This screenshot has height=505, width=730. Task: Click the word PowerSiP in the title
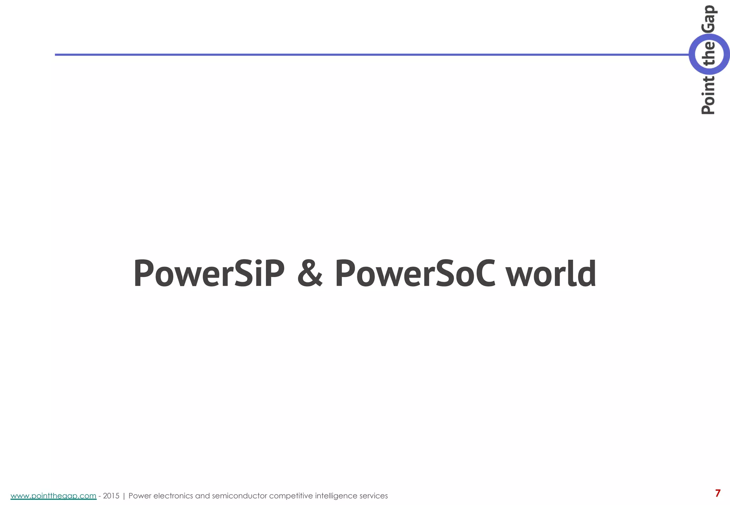click(209, 274)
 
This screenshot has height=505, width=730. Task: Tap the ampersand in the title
click(310, 274)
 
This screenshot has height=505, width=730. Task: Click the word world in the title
click(551, 274)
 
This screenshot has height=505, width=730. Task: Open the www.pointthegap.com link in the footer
click(53, 496)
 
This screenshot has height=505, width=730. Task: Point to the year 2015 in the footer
click(111, 496)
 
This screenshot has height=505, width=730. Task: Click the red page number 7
click(718, 493)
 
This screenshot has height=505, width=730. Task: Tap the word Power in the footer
click(140, 496)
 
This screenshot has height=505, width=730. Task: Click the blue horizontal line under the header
click(356, 54)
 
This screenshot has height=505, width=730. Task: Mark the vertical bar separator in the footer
click(124, 496)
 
